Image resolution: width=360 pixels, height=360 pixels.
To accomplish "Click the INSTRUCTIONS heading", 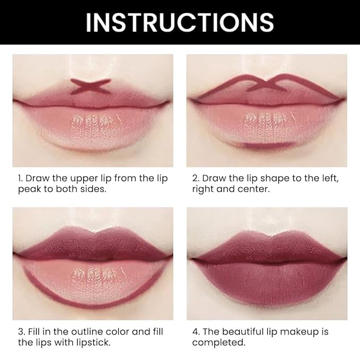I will pos(180,22).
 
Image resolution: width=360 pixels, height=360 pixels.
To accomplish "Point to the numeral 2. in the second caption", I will pos(196,178).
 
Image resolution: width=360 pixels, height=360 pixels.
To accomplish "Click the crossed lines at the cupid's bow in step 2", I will pos(268,82).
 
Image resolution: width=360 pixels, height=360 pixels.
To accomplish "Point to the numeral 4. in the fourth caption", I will pos(196,331).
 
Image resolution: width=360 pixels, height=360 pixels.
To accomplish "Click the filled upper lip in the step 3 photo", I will pos(93,241).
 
